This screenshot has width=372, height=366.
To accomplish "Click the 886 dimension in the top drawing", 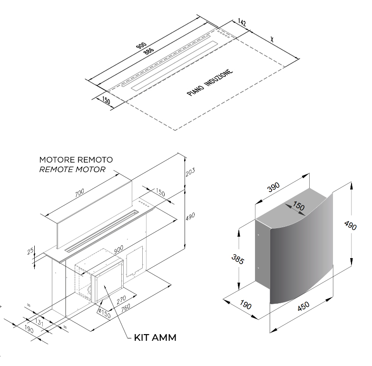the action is click(149, 51).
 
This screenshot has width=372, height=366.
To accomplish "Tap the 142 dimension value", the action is click(242, 22).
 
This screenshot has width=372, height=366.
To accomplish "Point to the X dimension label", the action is click(272, 39).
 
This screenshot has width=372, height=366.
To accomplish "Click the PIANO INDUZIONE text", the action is click(210, 83).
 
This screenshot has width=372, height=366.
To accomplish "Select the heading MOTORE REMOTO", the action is click(76, 160).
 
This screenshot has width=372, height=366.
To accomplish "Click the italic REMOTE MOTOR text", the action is click(72, 170).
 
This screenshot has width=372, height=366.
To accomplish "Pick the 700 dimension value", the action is click(79, 193).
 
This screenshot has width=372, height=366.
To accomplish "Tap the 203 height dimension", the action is click(190, 172).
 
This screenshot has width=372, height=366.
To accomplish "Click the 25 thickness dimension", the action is click(30, 251).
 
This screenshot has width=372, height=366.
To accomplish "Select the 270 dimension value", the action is click(121, 300).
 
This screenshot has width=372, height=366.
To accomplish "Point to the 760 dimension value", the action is click(126, 308).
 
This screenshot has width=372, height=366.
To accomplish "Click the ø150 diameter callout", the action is click(104, 313).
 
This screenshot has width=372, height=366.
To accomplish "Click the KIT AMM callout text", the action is click(155, 337).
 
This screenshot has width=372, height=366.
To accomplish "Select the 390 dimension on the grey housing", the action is click(274, 187).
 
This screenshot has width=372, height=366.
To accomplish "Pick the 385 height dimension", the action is click(237, 260).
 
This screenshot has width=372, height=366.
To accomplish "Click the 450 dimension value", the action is click(303, 306).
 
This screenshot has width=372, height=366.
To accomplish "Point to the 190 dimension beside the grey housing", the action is click(245, 305).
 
